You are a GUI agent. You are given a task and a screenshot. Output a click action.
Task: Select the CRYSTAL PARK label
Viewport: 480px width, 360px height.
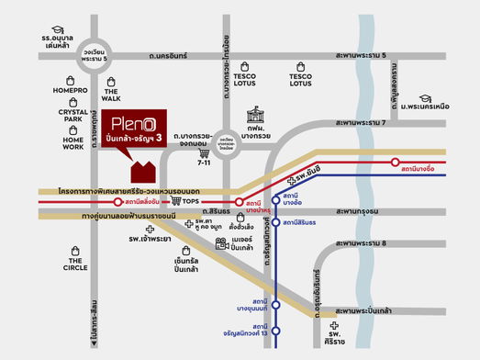coord(73,117)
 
